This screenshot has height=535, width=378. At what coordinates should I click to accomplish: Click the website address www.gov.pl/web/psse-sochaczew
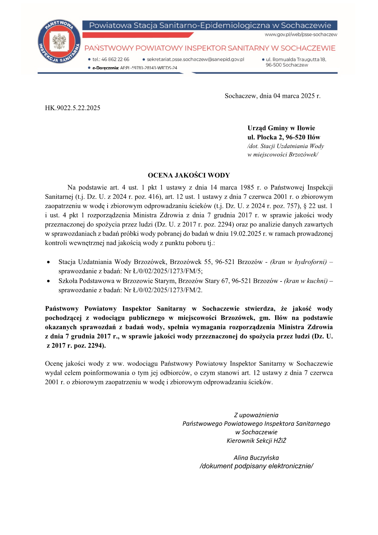click(x=301, y=35)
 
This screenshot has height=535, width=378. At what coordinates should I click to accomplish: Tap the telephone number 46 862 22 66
click(x=115, y=59)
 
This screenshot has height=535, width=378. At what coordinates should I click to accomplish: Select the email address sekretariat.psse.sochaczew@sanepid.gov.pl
click(x=195, y=59)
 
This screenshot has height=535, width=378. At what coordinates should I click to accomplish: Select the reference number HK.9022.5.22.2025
click(x=73, y=108)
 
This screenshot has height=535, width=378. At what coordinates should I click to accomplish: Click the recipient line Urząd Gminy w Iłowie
click(x=281, y=128)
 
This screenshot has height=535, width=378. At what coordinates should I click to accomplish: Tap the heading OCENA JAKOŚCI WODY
click(x=189, y=175)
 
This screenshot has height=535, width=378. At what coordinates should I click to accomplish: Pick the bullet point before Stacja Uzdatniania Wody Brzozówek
click(x=48, y=262)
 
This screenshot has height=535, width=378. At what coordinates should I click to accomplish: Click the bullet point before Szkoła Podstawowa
click(x=48, y=281)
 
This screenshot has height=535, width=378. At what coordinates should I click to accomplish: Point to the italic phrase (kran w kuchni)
click(x=306, y=281)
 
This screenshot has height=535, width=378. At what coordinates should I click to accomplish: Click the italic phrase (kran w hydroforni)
click(x=298, y=262)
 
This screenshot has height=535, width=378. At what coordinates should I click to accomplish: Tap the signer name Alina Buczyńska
click(x=256, y=458)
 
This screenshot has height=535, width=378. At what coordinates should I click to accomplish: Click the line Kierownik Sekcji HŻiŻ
click(x=256, y=441)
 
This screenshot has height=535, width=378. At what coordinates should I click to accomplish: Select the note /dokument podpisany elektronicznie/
click(x=256, y=466)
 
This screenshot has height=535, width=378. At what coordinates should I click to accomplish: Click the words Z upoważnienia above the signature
click(x=256, y=415)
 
